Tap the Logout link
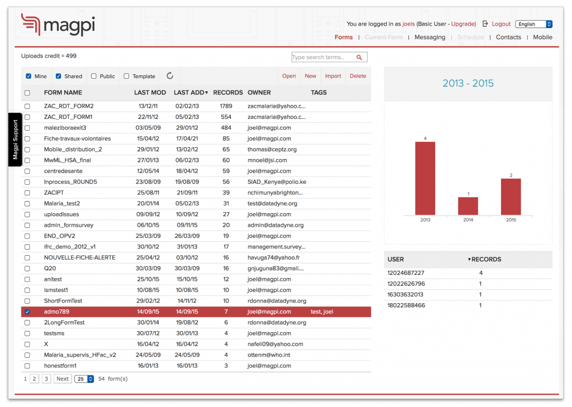[x=500, y=24]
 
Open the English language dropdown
[x=533, y=24]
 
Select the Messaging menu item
[x=430, y=37]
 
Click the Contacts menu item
[x=508, y=37]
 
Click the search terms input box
[x=323, y=57]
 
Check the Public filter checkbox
[x=94, y=76]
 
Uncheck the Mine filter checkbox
[x=28, y=76]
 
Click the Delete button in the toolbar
[x=357, y=76]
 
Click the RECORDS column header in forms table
[x=228, y=93]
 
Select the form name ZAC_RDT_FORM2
[x=69, y=106]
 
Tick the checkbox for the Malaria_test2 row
[x=27, y=204]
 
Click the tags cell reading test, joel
[x=322, y=312]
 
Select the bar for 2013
[x=425, y=178]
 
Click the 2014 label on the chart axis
[x=468, y=220]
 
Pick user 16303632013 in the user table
[x=406, y=295]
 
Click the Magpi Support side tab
[x=15, y=140]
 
